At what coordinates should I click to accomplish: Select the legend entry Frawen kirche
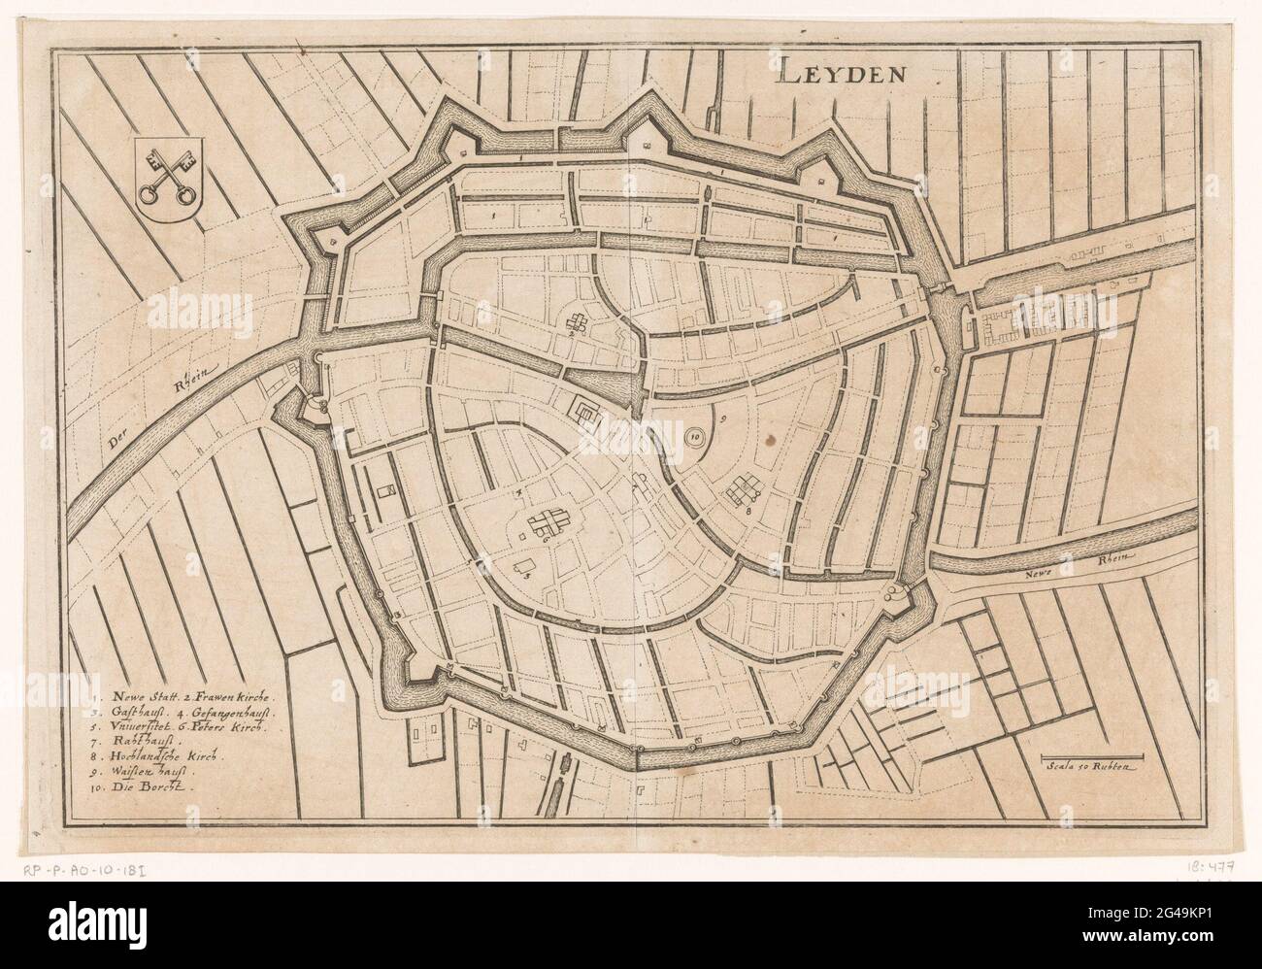click(232, 697)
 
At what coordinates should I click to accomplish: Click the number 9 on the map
click(723, 419)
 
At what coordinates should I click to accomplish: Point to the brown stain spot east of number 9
click(772, 439)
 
